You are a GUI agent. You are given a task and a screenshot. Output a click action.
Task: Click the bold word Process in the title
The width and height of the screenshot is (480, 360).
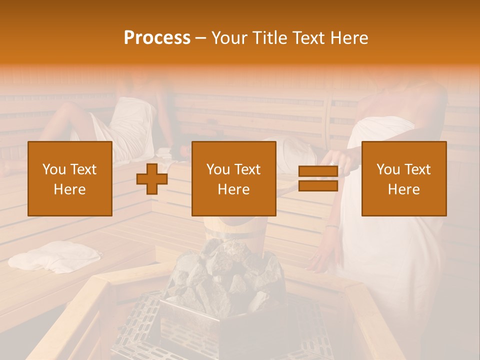point(157,38)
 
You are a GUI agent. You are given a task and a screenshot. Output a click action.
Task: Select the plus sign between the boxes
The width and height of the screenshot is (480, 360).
point(152,179)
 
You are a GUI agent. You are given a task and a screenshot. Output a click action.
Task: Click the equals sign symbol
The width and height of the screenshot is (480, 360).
point(318,179)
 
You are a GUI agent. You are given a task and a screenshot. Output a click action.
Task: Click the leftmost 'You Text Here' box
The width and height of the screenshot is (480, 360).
point(70,179)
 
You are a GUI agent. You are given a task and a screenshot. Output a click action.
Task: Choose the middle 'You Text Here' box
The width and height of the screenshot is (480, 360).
point(233,179)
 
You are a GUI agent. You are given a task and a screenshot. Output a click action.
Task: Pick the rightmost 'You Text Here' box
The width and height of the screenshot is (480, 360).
point(403,179)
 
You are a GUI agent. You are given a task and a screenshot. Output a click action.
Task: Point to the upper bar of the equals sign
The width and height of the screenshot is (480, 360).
point(318,171)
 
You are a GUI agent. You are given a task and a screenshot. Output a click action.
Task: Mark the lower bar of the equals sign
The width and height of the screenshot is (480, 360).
point(318,186)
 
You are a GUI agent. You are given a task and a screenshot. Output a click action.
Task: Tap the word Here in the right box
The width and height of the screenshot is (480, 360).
point(403,189)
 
